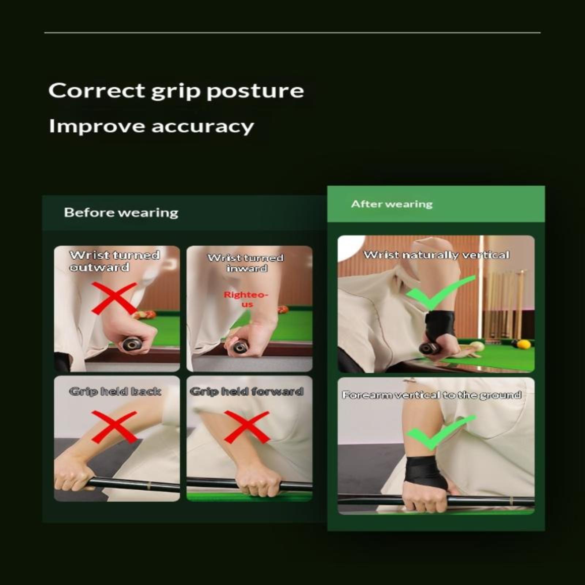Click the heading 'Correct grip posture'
click(x=176, y=91)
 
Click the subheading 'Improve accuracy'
click(x=151, y=127)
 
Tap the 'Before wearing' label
click(x=121, y=212)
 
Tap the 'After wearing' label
click(x=392, y=204)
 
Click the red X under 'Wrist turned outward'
click(x=114, y=298)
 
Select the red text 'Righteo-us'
click(x=246, y=299)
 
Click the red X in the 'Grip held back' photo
click(x=114, y=427)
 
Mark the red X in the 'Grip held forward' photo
click(x=247, y=427)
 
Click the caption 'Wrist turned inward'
click(x=246, y=263)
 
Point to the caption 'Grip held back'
click(x=115, y=392)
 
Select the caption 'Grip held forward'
click(x=247, y=392)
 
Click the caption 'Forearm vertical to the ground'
click(x=431, y=395)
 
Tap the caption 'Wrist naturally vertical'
click(x=436, y=255)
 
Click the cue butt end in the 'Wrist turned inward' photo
click(x=239, y=347)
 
